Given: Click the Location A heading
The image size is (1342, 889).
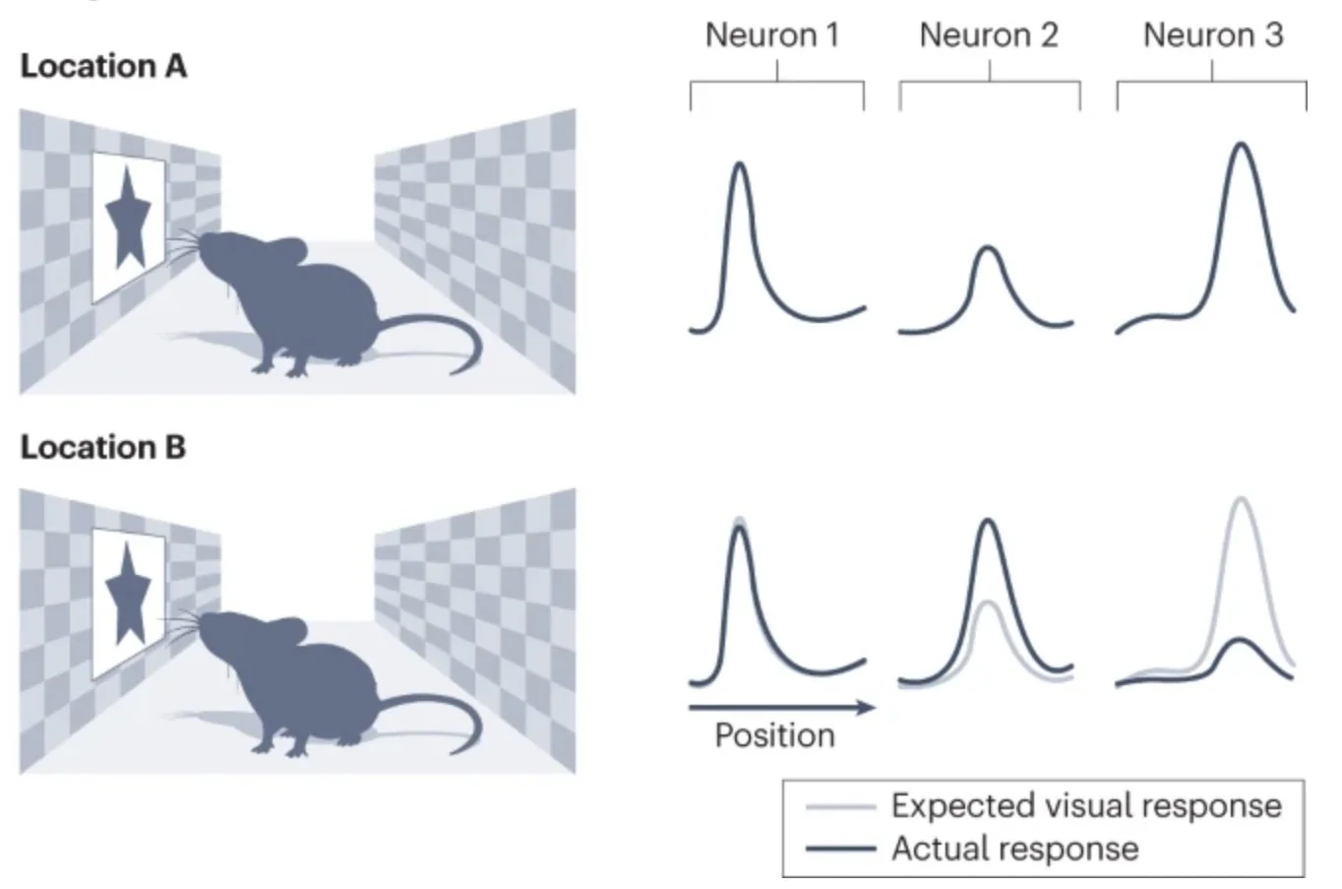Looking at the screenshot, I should tap(103, 66).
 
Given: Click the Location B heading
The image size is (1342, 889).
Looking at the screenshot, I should tap(103, 447).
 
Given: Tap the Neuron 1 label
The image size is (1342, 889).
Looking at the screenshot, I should tap(772, 35).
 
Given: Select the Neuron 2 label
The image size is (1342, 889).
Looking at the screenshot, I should tap(988, 35).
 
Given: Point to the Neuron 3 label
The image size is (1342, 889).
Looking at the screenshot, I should tap(1212, 35).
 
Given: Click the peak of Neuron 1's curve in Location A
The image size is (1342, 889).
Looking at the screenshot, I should tap(740, 164).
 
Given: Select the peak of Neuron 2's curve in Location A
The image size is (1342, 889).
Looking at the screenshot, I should tap(988, 248).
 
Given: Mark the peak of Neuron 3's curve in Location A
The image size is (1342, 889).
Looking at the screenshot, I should tap(1242, 146).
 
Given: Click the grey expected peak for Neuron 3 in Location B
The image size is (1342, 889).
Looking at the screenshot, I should tap(1242, 500).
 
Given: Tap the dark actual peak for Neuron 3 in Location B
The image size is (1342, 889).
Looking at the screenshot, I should tap(1242, 641).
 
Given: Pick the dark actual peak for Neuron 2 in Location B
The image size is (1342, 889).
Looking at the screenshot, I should tap(989, 521).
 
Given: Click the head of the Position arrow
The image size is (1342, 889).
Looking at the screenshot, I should tap(868, 707).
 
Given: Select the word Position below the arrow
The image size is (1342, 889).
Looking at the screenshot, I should tap(774, 735).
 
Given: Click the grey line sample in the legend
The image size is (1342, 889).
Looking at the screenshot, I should tap(839, 807).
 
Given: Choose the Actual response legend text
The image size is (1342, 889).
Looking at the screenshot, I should tap(1014, 849).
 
